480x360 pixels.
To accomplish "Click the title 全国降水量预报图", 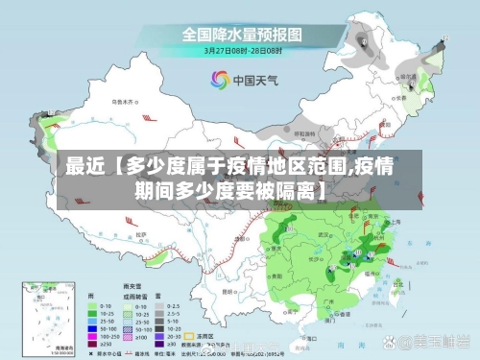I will point(241,34).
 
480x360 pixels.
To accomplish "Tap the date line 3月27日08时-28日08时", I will point(241,50).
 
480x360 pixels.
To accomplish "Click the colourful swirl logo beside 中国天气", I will point(219,81).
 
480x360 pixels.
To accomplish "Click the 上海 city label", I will point(394,223).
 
